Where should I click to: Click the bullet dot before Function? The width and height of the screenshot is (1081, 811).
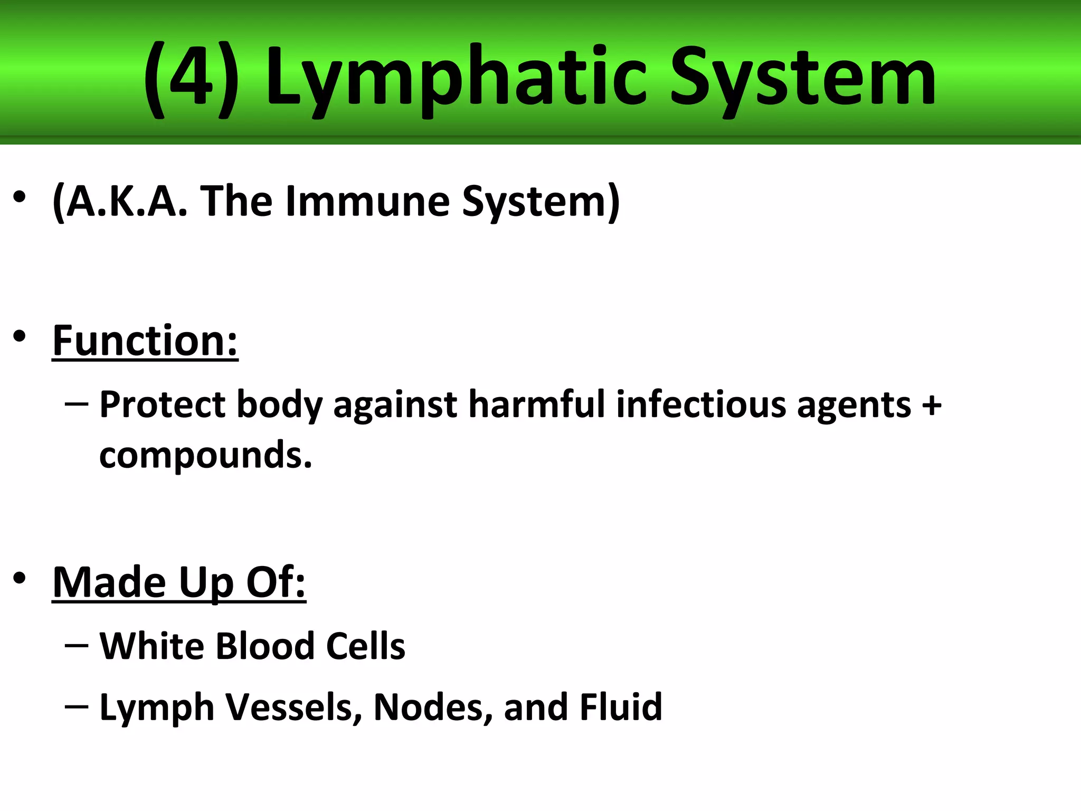(x=20, y=336)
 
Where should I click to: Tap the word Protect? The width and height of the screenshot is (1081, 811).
(x=163, y=405)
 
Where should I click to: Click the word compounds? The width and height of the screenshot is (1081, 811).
(x=205, y=455)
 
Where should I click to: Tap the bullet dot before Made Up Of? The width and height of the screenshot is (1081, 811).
(x=20, y=578)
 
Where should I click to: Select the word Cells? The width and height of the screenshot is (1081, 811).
(x=365, y=646)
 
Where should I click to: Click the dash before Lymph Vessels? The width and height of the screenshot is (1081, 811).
(x=77, y=706)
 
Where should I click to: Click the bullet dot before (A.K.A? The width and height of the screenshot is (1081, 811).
(x=20, y=197)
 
